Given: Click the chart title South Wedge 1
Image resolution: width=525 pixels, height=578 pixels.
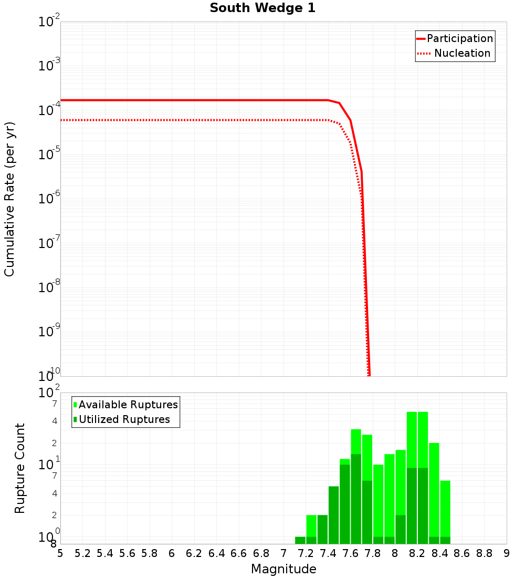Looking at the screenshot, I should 262,8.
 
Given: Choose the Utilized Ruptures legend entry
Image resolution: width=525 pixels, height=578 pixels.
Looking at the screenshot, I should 124,419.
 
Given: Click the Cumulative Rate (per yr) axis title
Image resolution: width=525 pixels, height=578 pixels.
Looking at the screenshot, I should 9,199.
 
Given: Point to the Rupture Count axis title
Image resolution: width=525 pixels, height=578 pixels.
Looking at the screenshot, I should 20,468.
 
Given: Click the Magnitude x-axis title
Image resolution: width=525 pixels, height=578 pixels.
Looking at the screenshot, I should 283,569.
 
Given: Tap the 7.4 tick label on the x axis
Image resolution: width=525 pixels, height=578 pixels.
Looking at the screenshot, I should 328,553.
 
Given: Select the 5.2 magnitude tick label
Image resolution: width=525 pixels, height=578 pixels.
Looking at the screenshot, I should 83,553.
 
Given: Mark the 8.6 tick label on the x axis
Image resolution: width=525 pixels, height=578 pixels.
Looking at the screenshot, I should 462,553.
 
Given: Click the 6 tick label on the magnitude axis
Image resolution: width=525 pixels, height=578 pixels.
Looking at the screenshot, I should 172,553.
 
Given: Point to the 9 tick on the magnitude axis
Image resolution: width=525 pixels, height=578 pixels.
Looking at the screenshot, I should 507,553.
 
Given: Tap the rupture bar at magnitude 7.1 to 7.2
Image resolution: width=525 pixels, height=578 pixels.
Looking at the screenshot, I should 300,540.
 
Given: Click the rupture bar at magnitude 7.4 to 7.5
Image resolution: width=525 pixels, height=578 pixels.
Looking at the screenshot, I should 333,515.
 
